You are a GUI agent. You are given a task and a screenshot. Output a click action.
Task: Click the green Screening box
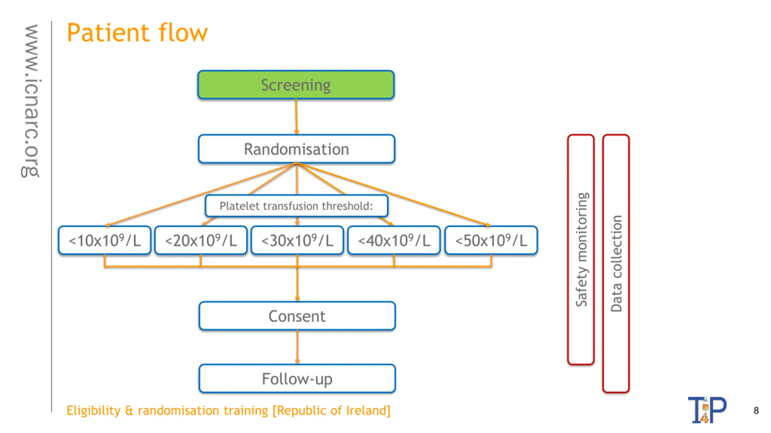click(x=296, y=85)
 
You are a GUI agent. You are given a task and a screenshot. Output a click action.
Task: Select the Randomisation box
click(x=296, y=149)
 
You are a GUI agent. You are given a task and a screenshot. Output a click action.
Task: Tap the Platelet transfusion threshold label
click(x=296, y=206)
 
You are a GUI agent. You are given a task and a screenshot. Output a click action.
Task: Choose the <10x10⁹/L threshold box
click(x=105, y=240)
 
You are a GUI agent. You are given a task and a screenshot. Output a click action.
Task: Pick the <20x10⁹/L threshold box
click(x=201, y=240)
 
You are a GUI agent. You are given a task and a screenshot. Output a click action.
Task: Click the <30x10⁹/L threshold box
click(x=297, y=240)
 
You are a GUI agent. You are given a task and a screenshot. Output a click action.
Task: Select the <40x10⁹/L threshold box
click(x=394, y=240)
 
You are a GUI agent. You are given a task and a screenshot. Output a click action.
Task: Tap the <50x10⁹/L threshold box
click(x=491, y=240)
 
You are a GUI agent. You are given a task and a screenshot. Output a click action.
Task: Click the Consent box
click(x=297, y=316)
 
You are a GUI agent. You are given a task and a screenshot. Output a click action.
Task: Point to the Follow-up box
click(x=297, y=379)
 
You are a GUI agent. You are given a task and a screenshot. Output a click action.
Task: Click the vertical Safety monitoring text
click(x=581, y=249)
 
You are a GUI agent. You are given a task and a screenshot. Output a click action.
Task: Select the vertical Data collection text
click(x=616, y=263)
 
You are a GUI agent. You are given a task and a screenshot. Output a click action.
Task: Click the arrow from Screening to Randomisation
click(x=296, y=117)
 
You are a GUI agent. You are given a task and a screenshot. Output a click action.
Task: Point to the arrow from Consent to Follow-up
click(x=297, y=347)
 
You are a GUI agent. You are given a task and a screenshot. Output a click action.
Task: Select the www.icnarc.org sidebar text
click(x=30, y=101)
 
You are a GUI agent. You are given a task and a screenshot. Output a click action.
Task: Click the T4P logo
click(x=707, y=410)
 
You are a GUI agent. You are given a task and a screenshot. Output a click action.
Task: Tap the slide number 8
click(x=756, y=410)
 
